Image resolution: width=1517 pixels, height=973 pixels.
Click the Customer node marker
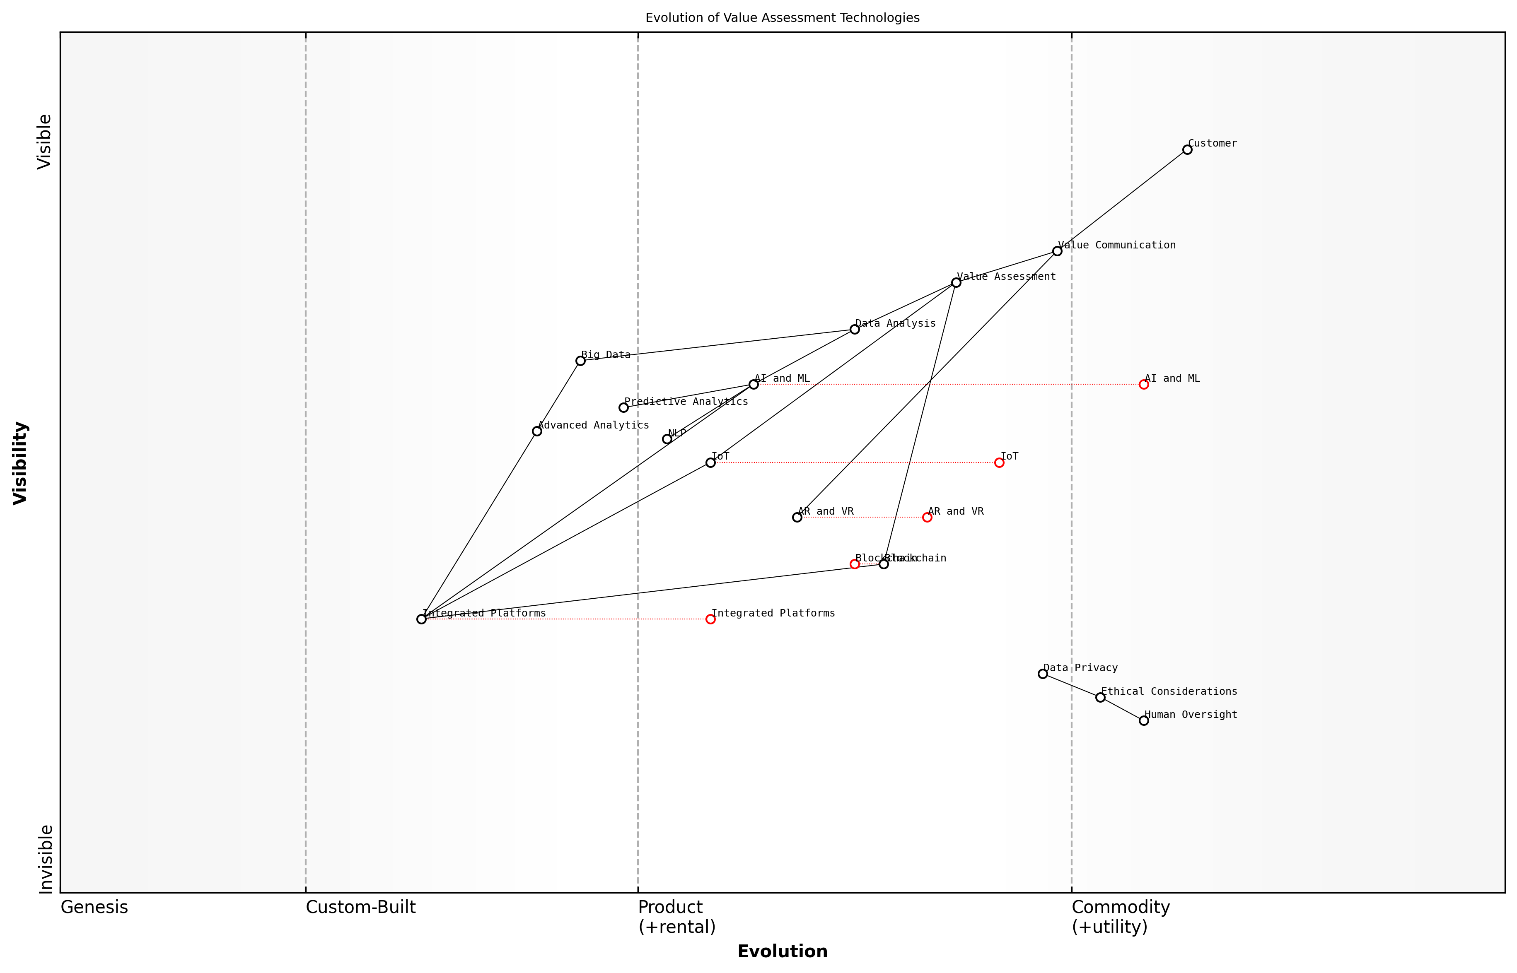1187,150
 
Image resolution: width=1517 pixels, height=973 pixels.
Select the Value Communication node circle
1057,251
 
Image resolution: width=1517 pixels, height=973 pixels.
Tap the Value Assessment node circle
956,282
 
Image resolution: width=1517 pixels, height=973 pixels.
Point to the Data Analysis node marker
855,329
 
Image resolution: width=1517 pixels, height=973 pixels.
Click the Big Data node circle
580,361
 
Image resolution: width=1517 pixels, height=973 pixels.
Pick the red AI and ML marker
1143,384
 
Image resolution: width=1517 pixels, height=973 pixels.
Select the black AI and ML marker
754,384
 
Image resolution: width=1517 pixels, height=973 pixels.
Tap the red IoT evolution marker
999,462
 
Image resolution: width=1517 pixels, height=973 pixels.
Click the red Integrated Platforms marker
710,619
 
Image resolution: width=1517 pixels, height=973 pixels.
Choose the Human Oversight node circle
1143,720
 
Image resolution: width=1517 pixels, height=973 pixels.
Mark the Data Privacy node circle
1043,674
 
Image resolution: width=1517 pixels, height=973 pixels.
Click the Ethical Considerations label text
1169,691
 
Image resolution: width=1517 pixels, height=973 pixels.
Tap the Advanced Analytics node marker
536,431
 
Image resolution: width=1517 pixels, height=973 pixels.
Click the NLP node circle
667,439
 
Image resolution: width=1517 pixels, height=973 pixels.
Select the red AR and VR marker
927,518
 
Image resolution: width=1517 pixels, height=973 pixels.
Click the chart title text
782,18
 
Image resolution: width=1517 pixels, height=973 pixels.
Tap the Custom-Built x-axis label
360,907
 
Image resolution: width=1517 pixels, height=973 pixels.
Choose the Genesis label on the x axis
94,907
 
